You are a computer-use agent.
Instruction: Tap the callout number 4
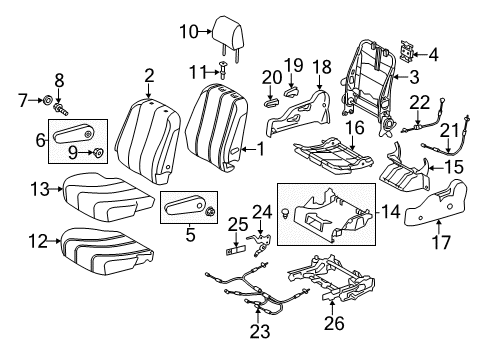[x=433, y=55]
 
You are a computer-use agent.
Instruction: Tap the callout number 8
[x=58, y=78]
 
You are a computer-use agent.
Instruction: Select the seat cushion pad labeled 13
[x=93, y=186]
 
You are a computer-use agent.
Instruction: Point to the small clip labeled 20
[x=273, y=100]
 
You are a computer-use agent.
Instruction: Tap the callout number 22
[x=418, y=100]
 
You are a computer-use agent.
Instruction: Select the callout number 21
[x=449, y=128]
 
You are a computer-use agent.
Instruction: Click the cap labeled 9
[x=99, y=152]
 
